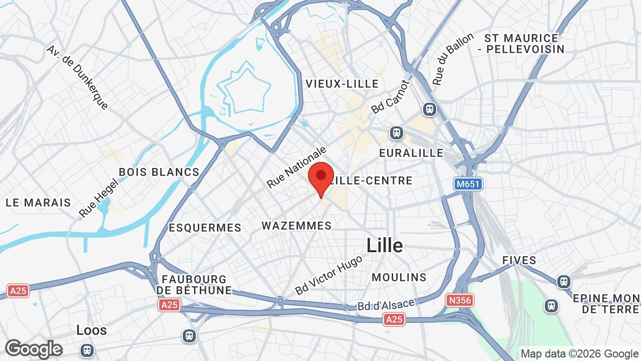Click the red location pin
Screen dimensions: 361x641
tap(321, 177)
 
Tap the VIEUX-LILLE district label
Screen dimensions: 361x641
tap(343, 84)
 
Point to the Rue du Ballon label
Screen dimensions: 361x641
tap(453, 59)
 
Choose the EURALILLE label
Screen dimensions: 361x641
tap(411, 153)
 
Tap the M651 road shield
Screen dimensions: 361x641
tap(468, 184)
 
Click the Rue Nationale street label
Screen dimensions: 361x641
tap(296, 167)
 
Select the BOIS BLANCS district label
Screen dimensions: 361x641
tap(159, 172)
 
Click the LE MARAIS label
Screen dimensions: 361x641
tap(38, 203)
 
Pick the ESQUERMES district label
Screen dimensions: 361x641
tap(205, 228)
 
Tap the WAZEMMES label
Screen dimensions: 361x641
tap(296, 226)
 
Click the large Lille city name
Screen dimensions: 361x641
tap(385, 246)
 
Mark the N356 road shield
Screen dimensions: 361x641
tap(459, 300)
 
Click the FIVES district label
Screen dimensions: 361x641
tap(519, 260)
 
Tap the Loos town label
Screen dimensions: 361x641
tap(92, 330)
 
